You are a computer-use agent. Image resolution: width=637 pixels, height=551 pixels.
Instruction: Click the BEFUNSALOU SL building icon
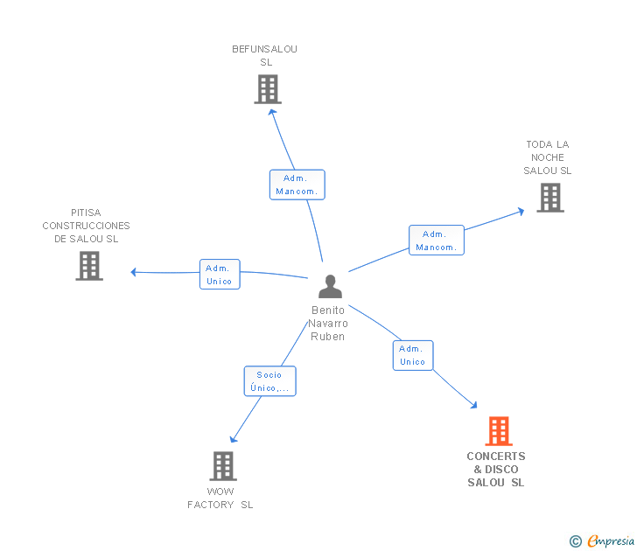coord(268,89)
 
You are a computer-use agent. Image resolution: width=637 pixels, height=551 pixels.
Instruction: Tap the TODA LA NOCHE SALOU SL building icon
coord(550,198)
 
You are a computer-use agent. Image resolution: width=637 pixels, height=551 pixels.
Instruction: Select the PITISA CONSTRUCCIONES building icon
coord(89,266)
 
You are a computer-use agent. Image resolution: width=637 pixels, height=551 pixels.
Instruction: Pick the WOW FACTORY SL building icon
coord(223,466)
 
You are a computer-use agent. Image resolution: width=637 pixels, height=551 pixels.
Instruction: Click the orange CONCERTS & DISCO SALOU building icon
coord(498,431)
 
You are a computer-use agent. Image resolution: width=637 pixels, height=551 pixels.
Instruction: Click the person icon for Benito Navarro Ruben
coord(330,286)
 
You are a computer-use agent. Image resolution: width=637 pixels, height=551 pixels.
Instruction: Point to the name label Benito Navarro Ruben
coord(328,323)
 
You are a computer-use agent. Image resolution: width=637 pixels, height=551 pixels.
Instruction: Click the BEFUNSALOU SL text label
coord(265,56)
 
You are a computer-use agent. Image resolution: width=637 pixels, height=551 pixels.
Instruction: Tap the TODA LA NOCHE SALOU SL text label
coord(548,157)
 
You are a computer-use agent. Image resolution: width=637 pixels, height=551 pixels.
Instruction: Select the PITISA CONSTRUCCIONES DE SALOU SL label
coord(86,226)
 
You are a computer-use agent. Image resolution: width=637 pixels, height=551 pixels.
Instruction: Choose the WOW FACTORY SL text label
coord(220,498)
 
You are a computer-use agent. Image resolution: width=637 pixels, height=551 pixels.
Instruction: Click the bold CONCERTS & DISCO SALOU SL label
coord(496,469)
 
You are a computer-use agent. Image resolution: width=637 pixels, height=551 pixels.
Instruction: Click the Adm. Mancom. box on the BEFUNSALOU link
coord(297,185)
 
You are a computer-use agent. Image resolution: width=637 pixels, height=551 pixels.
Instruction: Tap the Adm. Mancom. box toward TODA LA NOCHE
coord(437,240)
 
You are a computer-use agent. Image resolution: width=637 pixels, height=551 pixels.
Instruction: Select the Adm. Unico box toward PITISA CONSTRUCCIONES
coord(220,274)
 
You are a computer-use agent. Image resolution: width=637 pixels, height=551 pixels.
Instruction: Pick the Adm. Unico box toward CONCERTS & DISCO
coord(412,355)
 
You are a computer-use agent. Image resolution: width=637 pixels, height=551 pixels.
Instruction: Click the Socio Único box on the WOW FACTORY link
coord(269,380)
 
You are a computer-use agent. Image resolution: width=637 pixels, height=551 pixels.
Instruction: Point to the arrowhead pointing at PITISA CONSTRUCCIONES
coord(134,272)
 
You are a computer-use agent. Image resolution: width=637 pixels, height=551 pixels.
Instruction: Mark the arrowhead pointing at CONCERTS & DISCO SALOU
coord(473,405)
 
